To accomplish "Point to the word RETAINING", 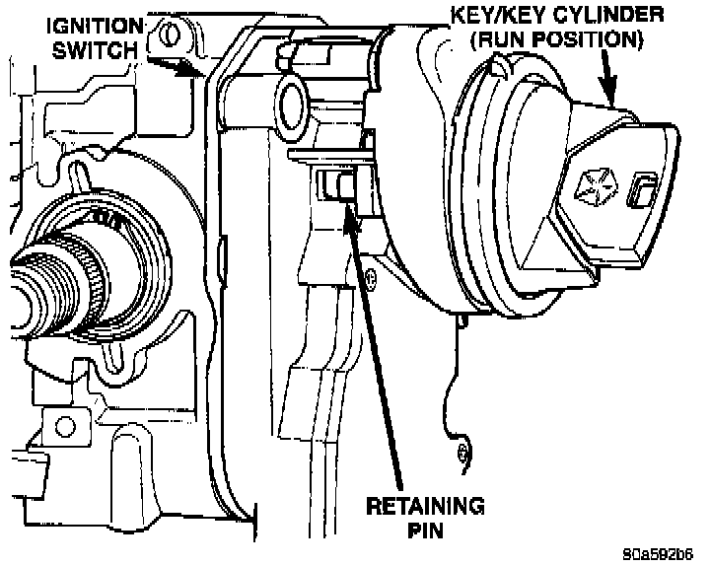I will (426, 507).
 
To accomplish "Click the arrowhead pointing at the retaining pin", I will (347, 208).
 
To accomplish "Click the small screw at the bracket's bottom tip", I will (463, 453).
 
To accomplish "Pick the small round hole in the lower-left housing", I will (65, 427).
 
